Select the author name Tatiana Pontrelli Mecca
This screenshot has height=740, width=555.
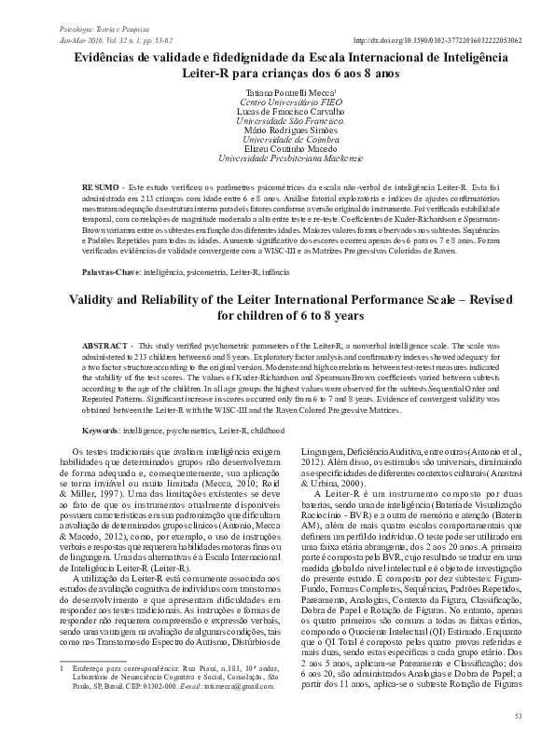(x=277, y=92)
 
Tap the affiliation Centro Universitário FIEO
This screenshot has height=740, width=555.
(x=278, y=102)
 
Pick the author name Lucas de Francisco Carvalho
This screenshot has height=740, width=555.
(x=278, y=111)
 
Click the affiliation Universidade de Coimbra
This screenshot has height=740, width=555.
(x=278, y=140)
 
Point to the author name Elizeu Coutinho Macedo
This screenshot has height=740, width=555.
(x=278, y=149)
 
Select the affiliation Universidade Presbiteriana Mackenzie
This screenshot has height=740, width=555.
(x=278, y=159)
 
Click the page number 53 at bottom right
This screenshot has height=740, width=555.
(x=518, y=715)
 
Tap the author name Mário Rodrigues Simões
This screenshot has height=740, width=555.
(x=278, y=130)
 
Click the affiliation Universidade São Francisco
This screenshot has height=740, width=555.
(x=278, y=121)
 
